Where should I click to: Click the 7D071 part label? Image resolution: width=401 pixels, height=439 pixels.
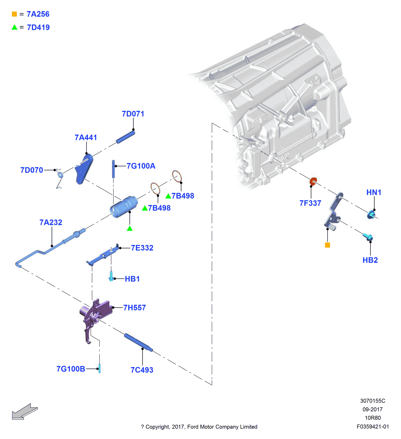click(133, 114)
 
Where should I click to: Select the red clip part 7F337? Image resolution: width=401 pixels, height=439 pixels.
click(313, 182)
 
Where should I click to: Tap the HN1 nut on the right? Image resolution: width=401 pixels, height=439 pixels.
click(371, 215)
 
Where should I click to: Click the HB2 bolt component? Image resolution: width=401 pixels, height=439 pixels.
click(368, 237)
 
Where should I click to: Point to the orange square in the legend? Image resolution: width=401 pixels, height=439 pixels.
click(14, 14)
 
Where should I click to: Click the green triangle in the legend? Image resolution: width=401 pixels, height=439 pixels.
click(14, 27)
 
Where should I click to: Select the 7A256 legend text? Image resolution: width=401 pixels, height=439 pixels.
click(38, 14)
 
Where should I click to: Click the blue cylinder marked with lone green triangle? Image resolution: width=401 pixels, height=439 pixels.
click(124, 207)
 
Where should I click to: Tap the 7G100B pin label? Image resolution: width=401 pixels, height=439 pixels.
click(71, 369)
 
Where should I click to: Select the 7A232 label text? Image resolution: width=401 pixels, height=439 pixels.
click(51, 222)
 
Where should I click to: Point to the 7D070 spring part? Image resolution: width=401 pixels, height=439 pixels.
click(60, 178)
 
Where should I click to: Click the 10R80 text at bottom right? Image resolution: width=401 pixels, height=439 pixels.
click(373, 418)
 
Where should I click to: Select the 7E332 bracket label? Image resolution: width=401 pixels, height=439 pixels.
click(142, 248)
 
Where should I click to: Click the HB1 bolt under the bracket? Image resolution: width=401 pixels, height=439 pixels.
click(111, 276)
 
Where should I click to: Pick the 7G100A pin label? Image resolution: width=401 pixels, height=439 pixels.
click(141, 166)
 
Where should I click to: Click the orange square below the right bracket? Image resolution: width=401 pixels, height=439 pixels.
click(327, 245)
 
